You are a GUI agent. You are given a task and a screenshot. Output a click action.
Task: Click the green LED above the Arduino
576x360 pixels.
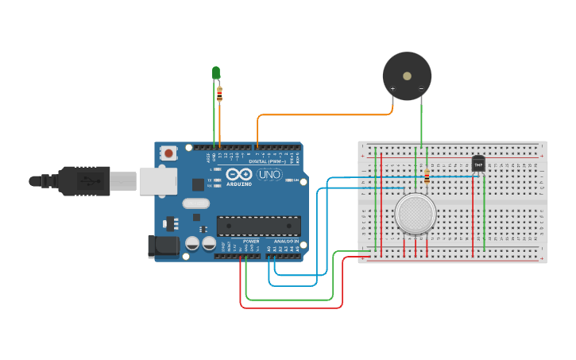point(216,73)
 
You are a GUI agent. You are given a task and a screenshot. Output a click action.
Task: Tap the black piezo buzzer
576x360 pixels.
point(407,75)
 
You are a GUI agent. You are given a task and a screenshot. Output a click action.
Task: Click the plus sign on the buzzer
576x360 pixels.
point(392,88)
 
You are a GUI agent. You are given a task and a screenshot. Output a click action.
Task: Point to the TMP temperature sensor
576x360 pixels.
point(478,163)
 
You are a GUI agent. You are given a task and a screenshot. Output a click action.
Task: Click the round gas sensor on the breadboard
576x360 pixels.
point(415,214)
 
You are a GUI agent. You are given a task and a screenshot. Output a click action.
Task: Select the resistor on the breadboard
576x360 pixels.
point(427,177)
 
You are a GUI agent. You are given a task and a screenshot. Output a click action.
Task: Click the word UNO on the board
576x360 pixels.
point(269,174)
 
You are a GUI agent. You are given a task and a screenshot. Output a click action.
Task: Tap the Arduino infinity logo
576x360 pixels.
point(238,174)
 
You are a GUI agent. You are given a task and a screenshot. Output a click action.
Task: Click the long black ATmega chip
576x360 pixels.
point(258,226)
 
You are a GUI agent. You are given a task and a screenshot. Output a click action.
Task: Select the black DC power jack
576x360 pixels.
point(164,246)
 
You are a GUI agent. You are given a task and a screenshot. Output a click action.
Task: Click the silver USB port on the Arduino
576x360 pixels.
point(158,181)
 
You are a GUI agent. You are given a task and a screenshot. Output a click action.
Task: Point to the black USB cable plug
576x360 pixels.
point(83,181)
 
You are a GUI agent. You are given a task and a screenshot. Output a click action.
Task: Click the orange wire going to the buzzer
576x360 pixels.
point(326,115)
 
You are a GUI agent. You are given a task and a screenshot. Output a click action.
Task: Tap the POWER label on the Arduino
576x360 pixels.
point(251,241)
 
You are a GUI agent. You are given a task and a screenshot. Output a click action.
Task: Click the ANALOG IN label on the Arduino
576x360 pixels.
point(286,241)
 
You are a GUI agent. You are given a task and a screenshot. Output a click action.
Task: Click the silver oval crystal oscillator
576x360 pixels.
point(195,203)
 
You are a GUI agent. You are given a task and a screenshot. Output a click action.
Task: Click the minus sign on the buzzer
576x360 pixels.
point(421,88)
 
